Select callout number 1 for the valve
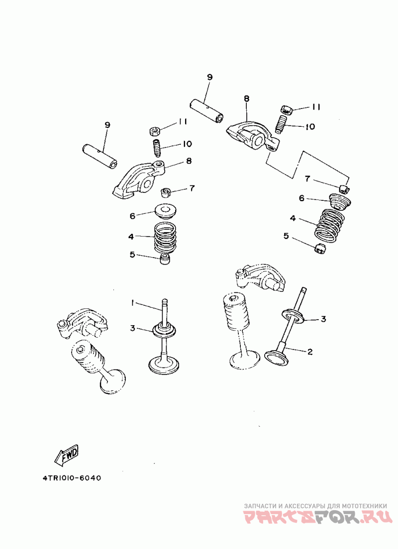pos(132,303)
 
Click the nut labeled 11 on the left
pos(154,131)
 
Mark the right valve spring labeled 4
pos(330,225)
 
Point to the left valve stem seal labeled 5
pos(165,260)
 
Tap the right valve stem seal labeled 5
pos(320,249)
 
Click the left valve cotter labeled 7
pos(165,192)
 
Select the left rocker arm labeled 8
pos(139,179)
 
